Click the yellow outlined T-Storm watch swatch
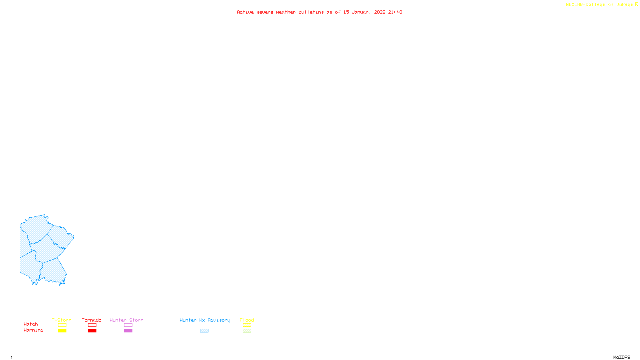click(x=62, y=325)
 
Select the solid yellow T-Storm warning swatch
click(x=62, y=331)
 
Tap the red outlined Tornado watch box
click(x=92, y=325)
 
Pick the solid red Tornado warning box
click(x=92, y=331)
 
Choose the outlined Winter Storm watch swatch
click(x=128, y=325)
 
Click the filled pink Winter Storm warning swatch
click(x=128, y=331)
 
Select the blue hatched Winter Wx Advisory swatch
click(x=204, y=331)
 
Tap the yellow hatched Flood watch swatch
click(x=247, y=325)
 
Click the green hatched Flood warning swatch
click(x=247, y=331)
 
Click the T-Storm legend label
click(x=62, y=320)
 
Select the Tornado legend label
click(x=92, y=320)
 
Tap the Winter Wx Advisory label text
click(x=205, y=320)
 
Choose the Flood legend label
click(x=247, y=320)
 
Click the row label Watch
click(x=31, y=324)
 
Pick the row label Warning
click(x=34, y=330)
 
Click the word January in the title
click(x=362, y=12)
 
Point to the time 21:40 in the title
click(x=395, y=12)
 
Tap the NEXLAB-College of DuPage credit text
click(x=600, y=4)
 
